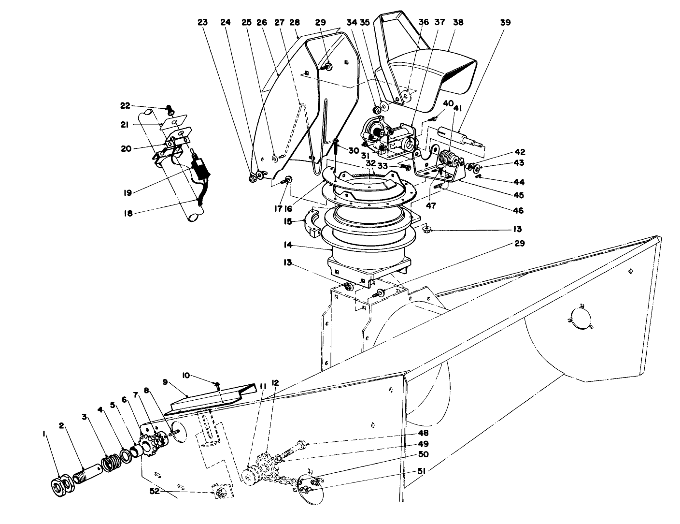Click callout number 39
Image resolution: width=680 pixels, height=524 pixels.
coord(505,23)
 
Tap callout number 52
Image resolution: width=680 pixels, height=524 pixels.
coord(155,491)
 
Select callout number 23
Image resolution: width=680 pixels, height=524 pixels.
coord(203,23)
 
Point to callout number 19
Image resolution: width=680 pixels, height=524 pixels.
coord(127,193)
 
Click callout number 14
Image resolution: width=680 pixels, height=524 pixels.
coord(288,245)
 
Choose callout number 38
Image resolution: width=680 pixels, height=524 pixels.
coord(458,23)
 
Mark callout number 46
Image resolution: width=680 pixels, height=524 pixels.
coord(519,210)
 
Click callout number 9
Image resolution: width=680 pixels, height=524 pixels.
coord(165,382)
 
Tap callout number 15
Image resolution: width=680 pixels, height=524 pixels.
coord(288,222)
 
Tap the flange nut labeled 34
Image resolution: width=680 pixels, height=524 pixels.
coord(377,109)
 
